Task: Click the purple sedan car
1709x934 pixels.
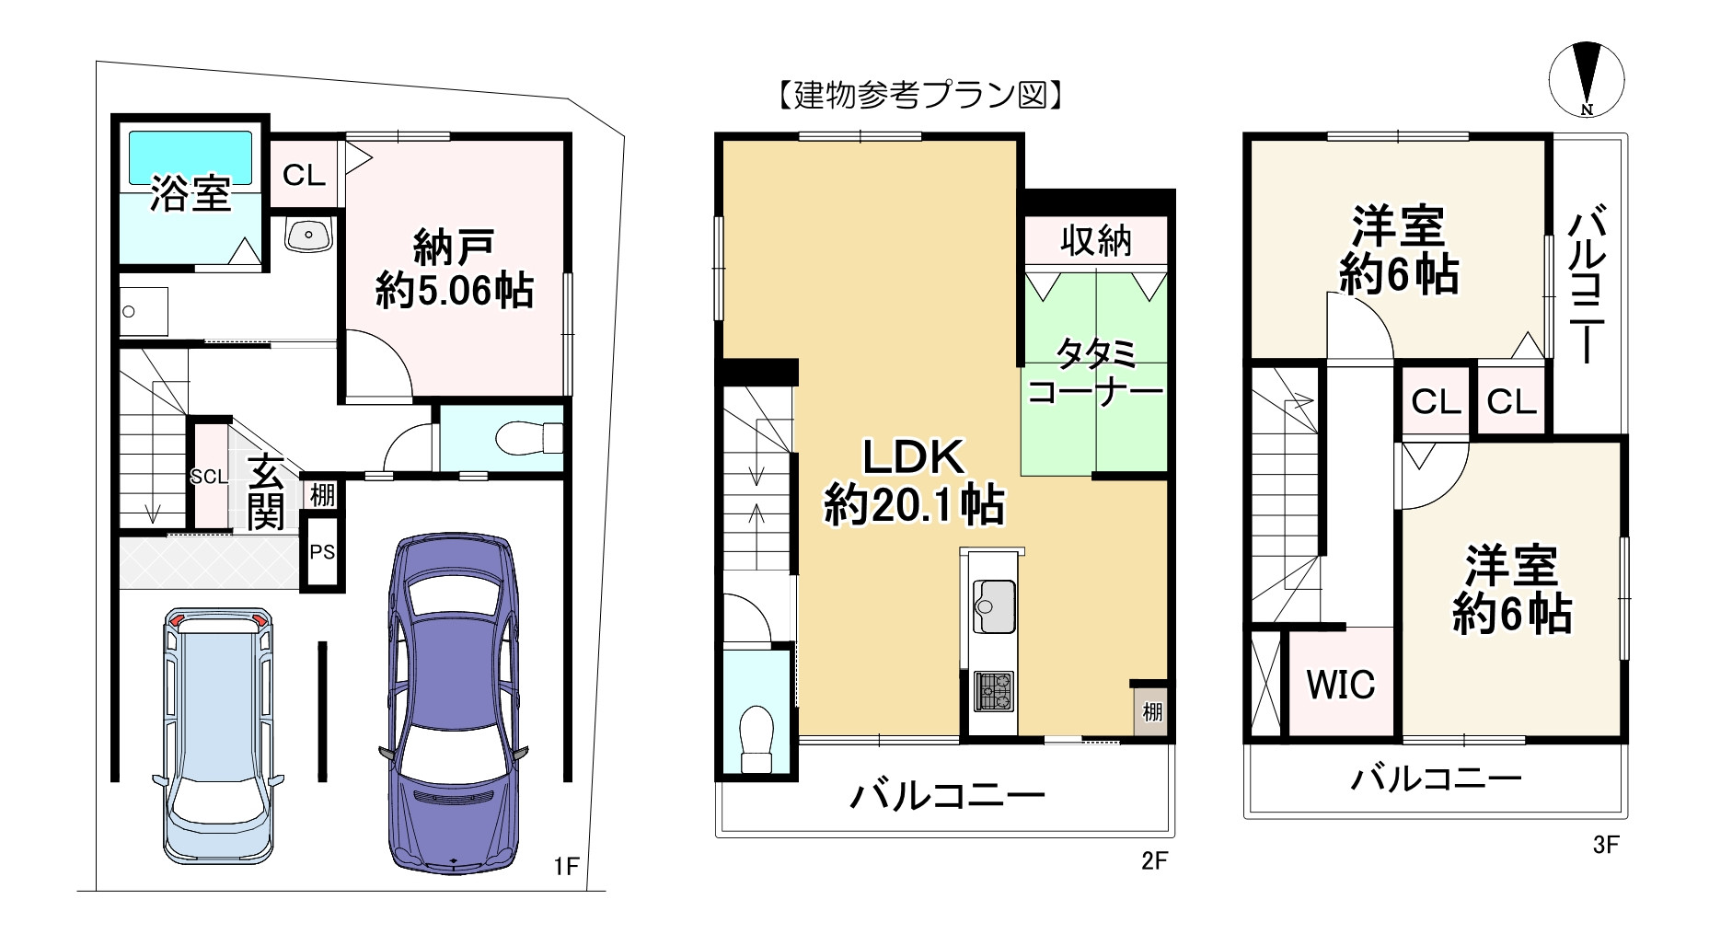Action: pyautogui.click(x=453, y=704)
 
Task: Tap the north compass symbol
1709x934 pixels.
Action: pyautogui.click(x=1586, y=79)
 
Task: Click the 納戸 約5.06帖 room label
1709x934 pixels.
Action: pyautogui.click(x=454, y=269)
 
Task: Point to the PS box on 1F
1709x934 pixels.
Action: pyautogui.click(x=321, y=552)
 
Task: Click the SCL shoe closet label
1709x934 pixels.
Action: pyautogui.click(x=208, y=476)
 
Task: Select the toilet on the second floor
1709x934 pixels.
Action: pyautogui.click(x=756, y=737)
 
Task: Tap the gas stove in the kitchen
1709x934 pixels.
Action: pyautogui.click(x=993, y=691)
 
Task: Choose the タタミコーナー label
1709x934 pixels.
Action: pyautogui.click(x=1094, y=372)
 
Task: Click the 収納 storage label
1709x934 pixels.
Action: pyautogui.click(x=1095, y=240)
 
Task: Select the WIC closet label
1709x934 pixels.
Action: pyautogui.click(x=1340, y=684)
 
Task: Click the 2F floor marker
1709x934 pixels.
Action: pyautogui.click(x=1154, y=860)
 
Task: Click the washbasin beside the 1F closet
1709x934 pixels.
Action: pyautogui.click(x=307, y=235)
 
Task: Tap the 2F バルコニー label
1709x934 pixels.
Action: pyautogui.click(x=947, y=794)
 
